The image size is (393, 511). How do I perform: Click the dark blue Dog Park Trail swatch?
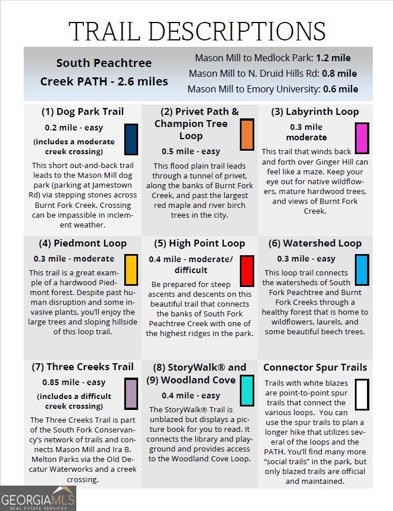pyautogui.click(x=131, y=139)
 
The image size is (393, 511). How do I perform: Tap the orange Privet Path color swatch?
pyautogui.click(x=247, y=135)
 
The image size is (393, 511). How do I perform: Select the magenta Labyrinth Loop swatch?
pyautogui.click(x=362, y=138)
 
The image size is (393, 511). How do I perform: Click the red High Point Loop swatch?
pyautogui.click(x=247, y=271)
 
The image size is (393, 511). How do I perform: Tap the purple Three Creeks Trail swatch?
pyautogui.click(x=131, y=394)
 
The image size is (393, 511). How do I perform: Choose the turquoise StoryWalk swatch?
pyautogui.click(x=247, y=390)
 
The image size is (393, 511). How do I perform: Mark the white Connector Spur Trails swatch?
pyautogui.click(x=362, y=394)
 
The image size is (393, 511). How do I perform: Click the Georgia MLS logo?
pyautogui.click(x=38, y=498)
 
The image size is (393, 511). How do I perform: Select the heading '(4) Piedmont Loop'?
pyautogui.click(x=82, y=243)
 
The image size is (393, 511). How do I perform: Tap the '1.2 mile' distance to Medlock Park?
pyautogui.click(x=333, y=58)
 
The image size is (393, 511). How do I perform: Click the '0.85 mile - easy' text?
pyautogui.click(x=74, y=382)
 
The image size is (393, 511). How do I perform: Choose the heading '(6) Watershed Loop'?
pyautogui.click(x=315, y=243)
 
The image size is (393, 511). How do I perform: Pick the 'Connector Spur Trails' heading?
pyautogui.click(x=315, y=367)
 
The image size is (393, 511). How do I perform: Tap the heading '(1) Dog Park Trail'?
pyautogui.click(x=82, y=111)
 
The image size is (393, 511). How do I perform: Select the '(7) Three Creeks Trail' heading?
pyautogui.click(x=82, y=367)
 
